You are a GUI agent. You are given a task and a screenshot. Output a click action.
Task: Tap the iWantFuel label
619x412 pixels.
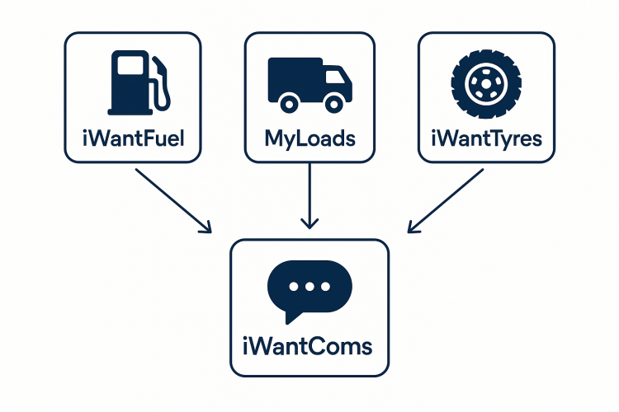click(x=132, y=137)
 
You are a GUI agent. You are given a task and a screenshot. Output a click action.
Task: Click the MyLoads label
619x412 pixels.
click(x=309, y=137)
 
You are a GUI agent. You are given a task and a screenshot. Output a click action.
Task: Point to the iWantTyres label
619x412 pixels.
click(x=487, y=137)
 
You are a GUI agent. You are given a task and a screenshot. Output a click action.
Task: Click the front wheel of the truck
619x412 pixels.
click(x=333, y=102)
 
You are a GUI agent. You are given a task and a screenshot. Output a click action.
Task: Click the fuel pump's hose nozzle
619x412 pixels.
click(x=165, y=86)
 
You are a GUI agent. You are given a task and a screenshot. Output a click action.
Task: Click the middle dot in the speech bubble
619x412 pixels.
click(x=309, y=286)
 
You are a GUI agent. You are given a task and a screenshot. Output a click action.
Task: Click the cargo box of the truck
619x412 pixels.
click(x=294, y=77)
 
